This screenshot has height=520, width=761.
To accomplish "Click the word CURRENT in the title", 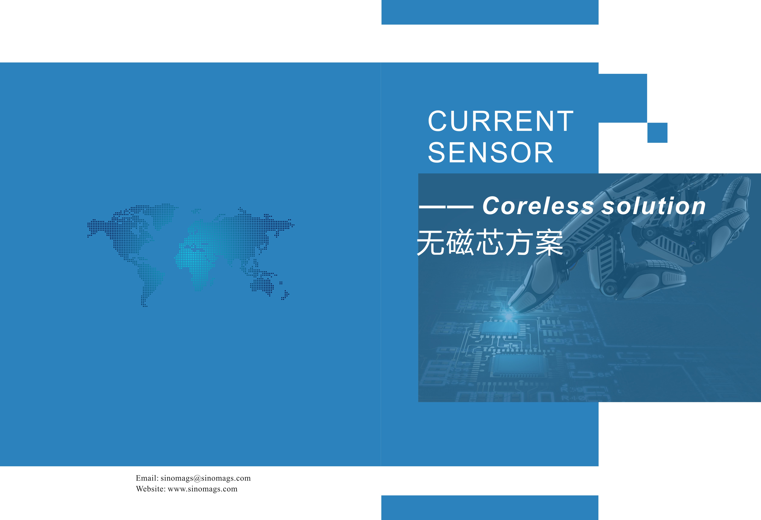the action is (501, 121).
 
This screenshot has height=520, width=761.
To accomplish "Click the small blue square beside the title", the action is (657, 133).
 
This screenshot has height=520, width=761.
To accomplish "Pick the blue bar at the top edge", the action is (490, 12).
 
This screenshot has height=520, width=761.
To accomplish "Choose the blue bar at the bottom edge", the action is (490, 508).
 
